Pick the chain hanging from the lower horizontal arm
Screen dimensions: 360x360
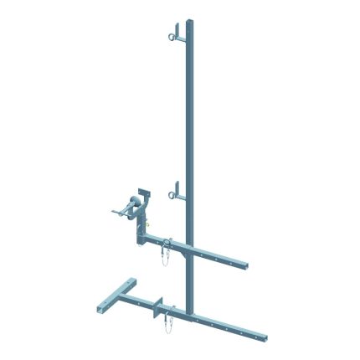click(171, 320)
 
